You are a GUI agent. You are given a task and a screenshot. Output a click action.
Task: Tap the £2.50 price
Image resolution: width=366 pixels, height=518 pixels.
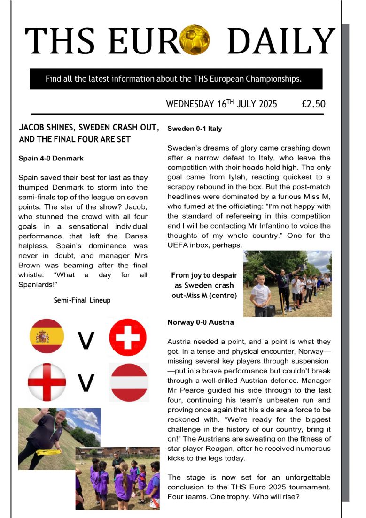pos(313,104)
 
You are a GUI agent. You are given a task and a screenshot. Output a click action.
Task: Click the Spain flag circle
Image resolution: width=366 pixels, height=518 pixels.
pos(46,336)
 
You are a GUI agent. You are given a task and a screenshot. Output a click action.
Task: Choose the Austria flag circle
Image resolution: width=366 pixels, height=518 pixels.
pos(128,381)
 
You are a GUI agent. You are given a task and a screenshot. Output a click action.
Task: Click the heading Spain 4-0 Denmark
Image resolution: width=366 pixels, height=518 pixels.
pos(51,159)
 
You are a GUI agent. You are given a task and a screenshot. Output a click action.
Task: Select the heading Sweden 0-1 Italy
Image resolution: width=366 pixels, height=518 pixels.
pos(195,128)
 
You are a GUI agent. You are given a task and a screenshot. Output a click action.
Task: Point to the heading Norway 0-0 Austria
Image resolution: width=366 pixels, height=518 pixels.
pos(201,322)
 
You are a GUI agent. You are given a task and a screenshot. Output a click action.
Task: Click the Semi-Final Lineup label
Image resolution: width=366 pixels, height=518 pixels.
pos(82,300)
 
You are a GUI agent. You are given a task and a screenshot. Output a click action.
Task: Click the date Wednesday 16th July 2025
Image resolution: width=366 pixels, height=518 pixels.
pos(221,104)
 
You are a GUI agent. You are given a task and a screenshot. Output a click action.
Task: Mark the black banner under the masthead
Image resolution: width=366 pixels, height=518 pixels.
pos(176,78)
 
